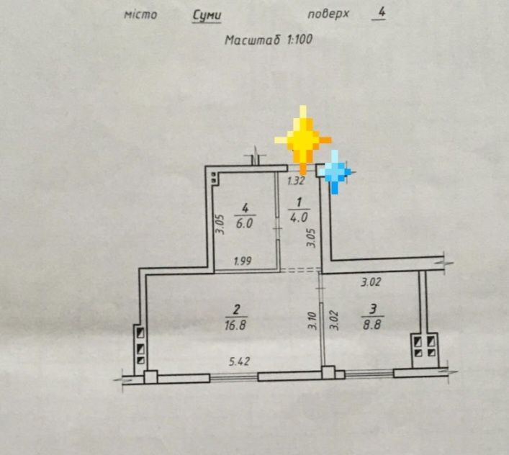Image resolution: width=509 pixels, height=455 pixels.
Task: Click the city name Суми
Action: tap(207, 16)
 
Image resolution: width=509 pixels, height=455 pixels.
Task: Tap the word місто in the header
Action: tap(140, 15)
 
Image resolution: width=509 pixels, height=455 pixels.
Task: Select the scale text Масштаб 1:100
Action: tap(269, 40)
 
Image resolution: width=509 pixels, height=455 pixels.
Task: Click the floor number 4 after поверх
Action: tap(381, 13)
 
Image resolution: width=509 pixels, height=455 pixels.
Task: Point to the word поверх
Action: tap(328, 14)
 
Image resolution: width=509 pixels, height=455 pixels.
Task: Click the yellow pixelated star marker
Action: tap(303, 140)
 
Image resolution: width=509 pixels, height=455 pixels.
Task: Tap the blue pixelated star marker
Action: tap(335, 171)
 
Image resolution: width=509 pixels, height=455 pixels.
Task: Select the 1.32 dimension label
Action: tap(296, 181)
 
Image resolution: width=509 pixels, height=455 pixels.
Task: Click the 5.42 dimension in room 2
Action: tap(239, 361)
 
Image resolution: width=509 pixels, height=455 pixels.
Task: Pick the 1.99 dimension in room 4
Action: tap(243, 261)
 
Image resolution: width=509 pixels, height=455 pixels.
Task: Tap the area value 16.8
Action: tap(235, 325)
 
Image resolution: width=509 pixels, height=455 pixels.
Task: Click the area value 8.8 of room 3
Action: tap(372, 324)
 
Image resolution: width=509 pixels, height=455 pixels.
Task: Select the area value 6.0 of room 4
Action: tap(244, 223)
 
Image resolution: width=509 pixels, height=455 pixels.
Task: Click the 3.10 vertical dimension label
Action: tap(312, 320)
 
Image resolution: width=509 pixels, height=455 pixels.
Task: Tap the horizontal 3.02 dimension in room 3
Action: tap(371, 281)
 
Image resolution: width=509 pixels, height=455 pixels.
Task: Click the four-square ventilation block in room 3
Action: tap(425, 347)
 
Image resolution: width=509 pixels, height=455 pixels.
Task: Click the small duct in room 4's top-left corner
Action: tap(214, 177)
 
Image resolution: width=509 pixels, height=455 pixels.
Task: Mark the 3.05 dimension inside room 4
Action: tap(220, 224)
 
